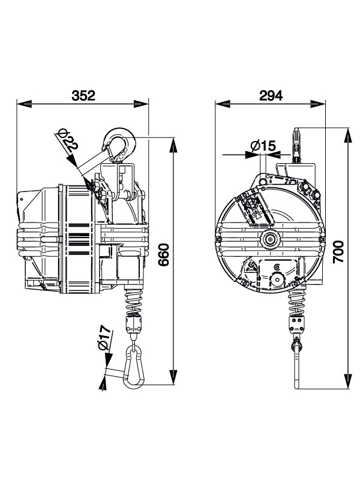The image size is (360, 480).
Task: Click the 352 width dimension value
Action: point(83,95)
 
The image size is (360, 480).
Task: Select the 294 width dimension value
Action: point(271,95)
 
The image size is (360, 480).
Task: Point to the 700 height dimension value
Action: point(338,251)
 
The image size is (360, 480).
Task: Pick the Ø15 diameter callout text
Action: point(263,146)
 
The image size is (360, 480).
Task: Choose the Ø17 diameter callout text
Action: point(104,338)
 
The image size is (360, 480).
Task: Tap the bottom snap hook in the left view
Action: point(133,366)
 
